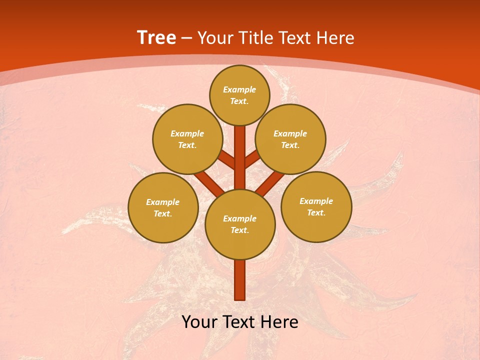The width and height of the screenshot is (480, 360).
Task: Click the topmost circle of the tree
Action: [239, 95]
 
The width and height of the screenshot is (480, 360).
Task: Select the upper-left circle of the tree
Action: [187, 139]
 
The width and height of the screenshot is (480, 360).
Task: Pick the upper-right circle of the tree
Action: [290, 139]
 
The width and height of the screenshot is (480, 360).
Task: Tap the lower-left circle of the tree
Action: [163, 207]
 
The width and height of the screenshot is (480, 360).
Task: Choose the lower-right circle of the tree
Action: [316, 206]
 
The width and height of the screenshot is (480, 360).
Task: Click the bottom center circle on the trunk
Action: [240, 224]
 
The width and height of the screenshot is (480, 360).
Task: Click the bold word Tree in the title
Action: [156, 37]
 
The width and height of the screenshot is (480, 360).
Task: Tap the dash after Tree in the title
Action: [186, 38]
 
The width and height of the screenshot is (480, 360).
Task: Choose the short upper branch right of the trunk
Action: [252, 159]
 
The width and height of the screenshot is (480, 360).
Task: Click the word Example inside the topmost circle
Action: [239, 89]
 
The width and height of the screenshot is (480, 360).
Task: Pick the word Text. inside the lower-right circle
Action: [316, 212]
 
